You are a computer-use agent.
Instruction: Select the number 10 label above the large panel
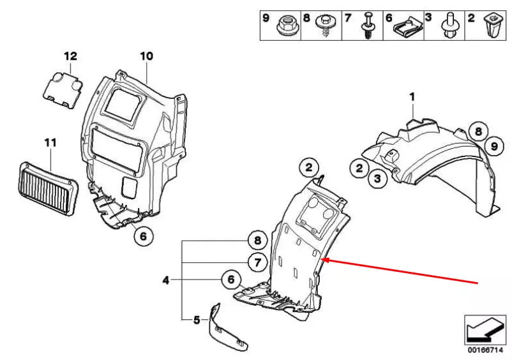tap(146, 56)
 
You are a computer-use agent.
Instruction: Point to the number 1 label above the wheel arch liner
tap(412, 97)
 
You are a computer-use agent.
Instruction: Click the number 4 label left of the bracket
tap(166, 280)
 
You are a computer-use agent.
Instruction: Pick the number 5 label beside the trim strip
tap(197, 319)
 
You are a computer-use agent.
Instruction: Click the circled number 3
tap(377, 179)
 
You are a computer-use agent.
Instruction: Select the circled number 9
tap(493, 147)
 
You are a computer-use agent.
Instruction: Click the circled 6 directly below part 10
tap(143, 236)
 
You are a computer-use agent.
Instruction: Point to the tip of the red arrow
tap(325, 260)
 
